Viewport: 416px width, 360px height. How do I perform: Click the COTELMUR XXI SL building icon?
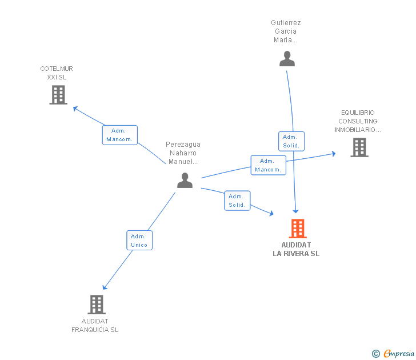(58, 95)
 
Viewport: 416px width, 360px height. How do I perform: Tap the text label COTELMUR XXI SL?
(57, 73)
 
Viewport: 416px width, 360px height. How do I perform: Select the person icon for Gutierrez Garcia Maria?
(287, 58)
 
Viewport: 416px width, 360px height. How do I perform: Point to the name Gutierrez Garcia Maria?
(286, 31)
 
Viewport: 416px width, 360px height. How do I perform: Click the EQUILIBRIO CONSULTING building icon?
(359, 147)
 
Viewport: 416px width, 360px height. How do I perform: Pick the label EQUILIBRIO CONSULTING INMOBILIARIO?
(358, 121)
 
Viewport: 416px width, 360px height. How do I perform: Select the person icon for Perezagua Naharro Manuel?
(185, 180)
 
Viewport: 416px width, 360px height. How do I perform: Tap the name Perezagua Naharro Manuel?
(183, 153)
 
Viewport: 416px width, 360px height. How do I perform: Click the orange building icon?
(297, 229)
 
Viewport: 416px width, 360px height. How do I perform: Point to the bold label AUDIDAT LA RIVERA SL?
(296, 249)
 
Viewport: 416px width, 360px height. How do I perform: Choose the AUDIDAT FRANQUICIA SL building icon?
(97, 305)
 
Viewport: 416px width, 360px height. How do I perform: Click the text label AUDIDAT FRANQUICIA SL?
(95, 325)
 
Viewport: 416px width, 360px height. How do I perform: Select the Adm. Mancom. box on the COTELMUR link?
(120, 135)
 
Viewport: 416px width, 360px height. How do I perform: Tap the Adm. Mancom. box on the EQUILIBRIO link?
(268, 165)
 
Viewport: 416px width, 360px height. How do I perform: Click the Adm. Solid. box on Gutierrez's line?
(291, 141)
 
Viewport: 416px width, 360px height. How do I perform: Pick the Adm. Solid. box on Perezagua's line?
(237, 201)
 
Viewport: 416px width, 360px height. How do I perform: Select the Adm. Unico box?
(139, 241)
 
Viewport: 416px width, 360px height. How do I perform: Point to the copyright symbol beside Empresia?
(376, 354)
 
